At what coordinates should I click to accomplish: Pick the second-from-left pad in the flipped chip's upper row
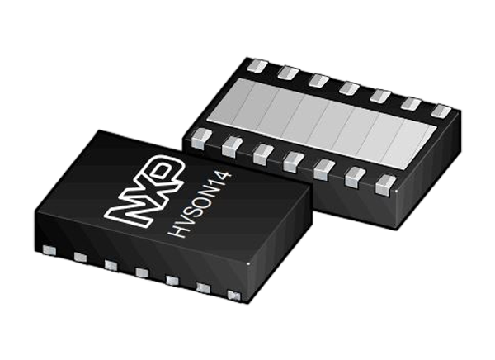coord(286,72)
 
